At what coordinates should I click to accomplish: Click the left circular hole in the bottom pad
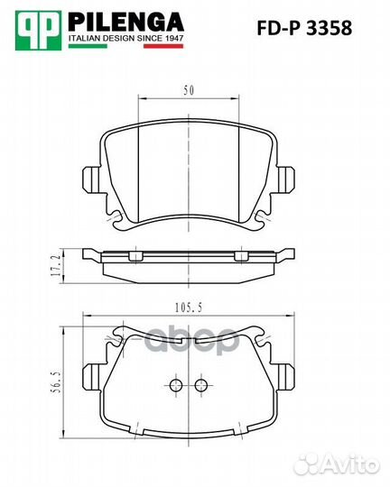174,386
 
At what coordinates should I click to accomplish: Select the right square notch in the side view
240,257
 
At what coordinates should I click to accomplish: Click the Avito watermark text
354,464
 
